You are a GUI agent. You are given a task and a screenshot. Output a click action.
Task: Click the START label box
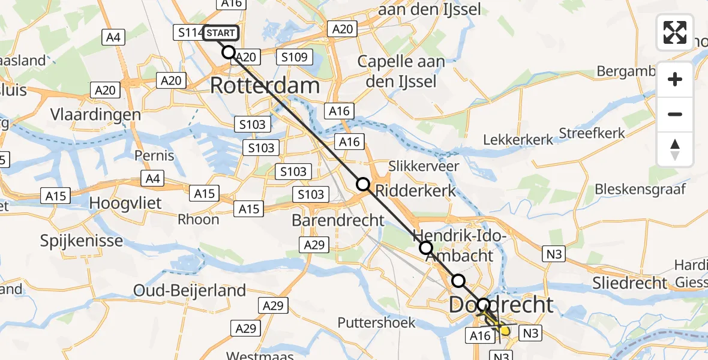point(221,33)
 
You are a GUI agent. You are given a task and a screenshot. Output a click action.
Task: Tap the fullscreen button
point(675,32)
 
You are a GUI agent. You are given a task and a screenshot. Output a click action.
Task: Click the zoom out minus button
point(675,114)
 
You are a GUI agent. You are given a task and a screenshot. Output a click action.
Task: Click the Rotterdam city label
point(265,85)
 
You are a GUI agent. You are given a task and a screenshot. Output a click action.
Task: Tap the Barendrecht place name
point(338,220)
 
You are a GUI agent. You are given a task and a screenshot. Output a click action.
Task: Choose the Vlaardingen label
point(96,115)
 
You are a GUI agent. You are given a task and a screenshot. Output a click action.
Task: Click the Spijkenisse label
point(82,241)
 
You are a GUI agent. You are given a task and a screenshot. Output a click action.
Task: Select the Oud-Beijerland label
point(190,291)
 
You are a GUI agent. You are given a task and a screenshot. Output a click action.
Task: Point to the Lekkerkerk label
point(518,139)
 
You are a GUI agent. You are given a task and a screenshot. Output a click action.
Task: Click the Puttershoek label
point(377,323)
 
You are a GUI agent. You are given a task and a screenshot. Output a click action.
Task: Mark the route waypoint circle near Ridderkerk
point(363,184)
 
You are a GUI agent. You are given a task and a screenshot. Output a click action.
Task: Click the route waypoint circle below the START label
point(229,52)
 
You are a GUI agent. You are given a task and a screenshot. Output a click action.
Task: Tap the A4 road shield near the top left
point(113,38)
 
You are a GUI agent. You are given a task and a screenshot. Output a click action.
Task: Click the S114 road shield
point(190,33)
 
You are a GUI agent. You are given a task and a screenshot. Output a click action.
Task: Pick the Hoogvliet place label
point(125,203)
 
